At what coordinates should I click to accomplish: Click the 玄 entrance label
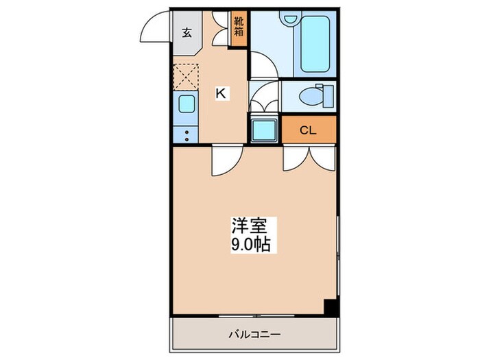(x=187, y=32)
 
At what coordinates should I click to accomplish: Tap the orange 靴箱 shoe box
(x=239, y=30)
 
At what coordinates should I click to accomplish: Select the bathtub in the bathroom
(x=313, y=46)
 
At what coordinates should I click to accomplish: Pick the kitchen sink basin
(x=185, y=104)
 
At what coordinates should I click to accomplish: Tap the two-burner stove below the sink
(x=185, y=134)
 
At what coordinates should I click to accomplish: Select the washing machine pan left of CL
(x=263, y=130)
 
